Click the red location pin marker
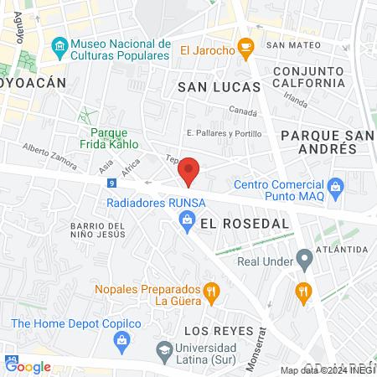[189, 171]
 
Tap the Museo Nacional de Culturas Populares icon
[59, 44]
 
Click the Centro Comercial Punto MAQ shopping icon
[336, 185]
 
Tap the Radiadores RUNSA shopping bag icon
[188, 219]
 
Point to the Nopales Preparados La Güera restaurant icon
[212, 293]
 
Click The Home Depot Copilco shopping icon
[123, 339]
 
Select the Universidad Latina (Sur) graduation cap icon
[165, 349]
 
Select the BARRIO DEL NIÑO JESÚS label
[97, 231]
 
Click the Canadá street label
[243, 112]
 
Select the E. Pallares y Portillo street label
[225, 133]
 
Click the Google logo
[28, 366]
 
